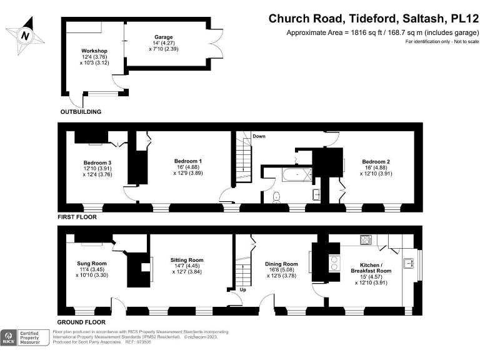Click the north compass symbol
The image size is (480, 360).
pos(25,36)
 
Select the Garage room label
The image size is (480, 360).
pos(164,37)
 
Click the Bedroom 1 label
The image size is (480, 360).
pos(187,161)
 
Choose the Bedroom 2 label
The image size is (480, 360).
pos(376,161)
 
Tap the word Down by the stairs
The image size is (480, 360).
pos(259,136)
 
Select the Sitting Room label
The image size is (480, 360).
pos(187,260)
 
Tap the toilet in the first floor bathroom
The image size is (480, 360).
pos(277,197)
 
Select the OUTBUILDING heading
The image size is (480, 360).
pos(81,112)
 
